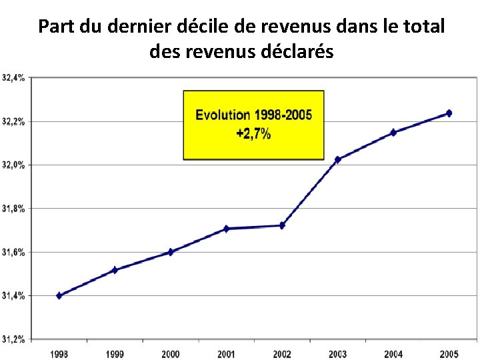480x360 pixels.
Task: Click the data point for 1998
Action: [59, 295]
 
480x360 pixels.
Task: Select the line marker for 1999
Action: [115, 270]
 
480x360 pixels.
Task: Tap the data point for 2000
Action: [171, 252]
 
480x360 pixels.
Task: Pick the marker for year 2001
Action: [227, 229]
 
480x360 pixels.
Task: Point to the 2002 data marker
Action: [282, 225]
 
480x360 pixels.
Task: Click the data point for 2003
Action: [338, 159]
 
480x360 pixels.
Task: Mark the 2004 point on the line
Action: [393, 133]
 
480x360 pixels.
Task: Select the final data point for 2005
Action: [449, 113]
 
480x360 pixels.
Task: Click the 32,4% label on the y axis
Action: [14, 78]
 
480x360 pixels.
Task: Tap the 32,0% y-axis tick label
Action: [14, 165]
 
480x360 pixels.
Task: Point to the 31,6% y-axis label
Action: [14, 252]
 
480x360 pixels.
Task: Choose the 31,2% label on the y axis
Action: [14, 339]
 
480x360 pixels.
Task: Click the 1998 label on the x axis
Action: [59, 354]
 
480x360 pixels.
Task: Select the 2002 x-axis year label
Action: [282, 354]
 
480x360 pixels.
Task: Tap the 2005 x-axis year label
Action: [449, 354]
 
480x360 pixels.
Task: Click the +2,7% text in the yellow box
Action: [253, 134]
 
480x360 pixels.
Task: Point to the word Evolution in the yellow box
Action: [223, 115]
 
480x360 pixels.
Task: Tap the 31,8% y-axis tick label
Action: [14, 209]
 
